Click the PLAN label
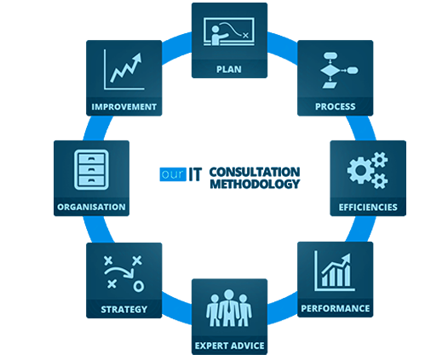point(229,69)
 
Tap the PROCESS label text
point(336,106)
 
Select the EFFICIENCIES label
point(368,207)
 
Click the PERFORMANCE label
point(336,308)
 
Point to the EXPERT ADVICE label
point(229,346)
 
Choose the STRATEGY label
point(124,309)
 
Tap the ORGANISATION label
point(91,207)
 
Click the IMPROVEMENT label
point(124,106)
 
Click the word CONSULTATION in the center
point(255,172)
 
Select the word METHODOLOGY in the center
point(255,184)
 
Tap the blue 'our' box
point(173,174)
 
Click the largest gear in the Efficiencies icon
point(360,170)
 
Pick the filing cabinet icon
point(91,169)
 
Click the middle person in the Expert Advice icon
point(228,308)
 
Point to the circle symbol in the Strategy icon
point(139,286)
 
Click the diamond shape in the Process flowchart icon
point(330,71)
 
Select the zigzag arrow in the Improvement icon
point(126,67)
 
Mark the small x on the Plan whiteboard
point(245,36)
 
